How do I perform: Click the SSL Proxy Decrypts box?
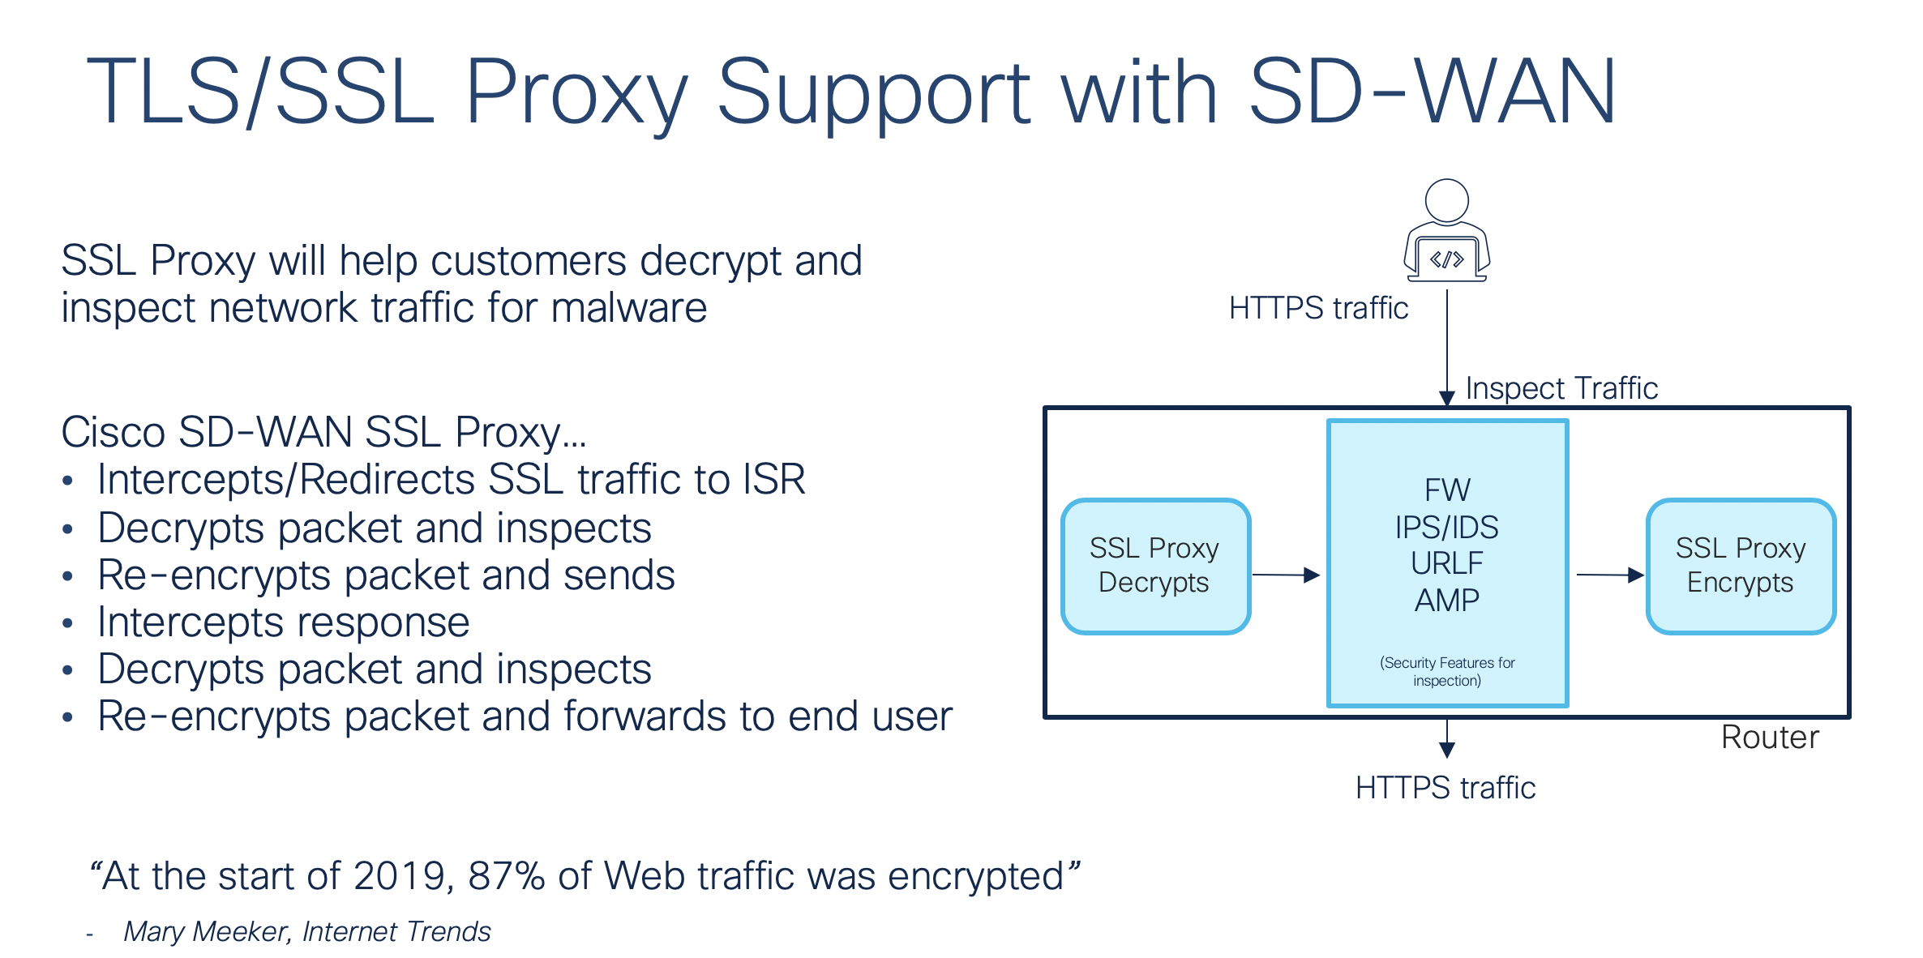click(x=1155, y=566)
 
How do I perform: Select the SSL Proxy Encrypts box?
click(x=1741, y=566)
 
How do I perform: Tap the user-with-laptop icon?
click(x=1447, y=232)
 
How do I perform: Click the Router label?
click(x=1770, y=738)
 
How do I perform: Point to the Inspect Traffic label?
click(x=1561, y=388)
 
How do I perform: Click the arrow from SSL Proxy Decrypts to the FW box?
click(x=1286, y=575)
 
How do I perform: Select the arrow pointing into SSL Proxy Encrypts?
click(x=1609, y=575)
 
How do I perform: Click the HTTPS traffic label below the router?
click(x=1445, y=788)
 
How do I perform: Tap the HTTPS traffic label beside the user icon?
click(x=1318, y=309)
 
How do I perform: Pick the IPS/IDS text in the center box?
click(x=1447, y=528)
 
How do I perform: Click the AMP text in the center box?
click(x=1447, y=601)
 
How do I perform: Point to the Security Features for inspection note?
click(x=1447, y=672)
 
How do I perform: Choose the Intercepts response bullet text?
click(x=284, y=622)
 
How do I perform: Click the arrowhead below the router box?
click(x=1447, y=750)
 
